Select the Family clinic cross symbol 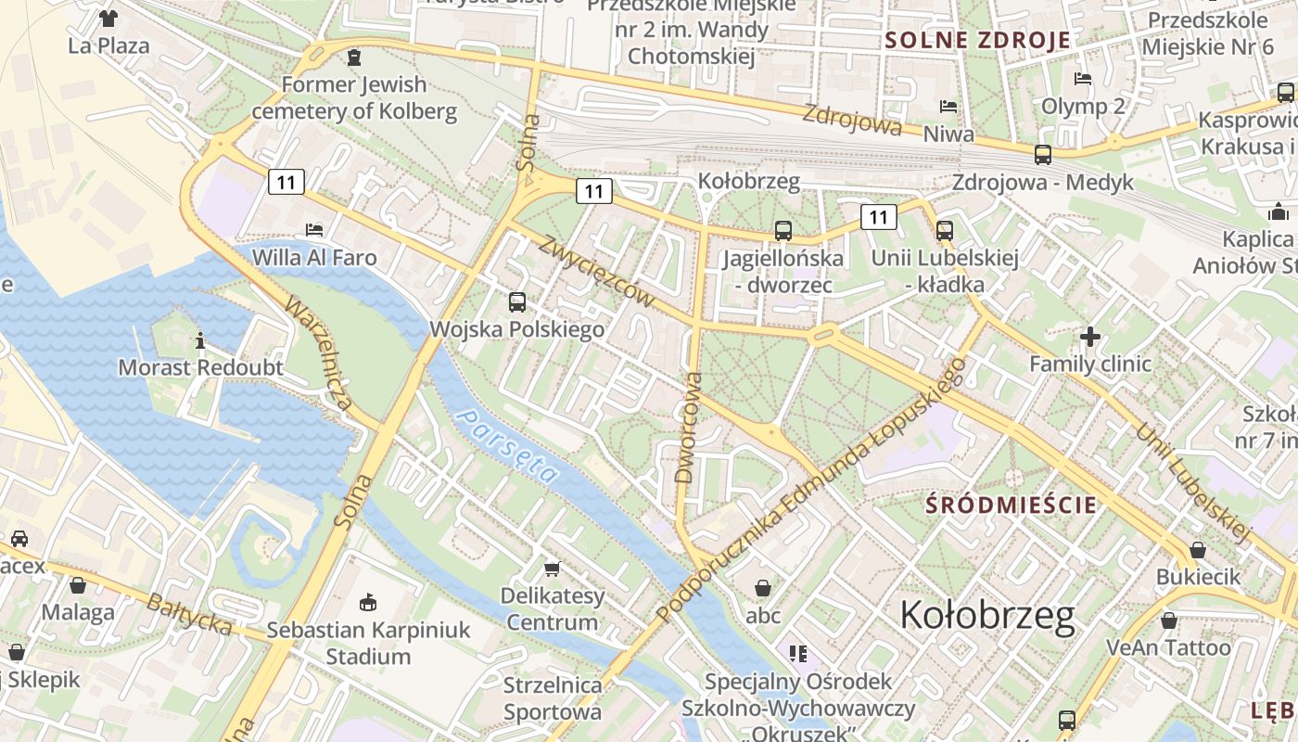tap(1090, 336)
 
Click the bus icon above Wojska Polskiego tap(516, 301)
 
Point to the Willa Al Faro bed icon tap(314, 229)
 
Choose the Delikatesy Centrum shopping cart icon tap(553, 568)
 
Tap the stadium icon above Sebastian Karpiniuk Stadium tap(368, 602)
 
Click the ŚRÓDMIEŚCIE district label tap(1012, 505)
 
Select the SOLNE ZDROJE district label tap(977, 40)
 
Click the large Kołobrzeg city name tap(987, 615)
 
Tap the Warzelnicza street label tap(318, 353)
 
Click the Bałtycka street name tap(189, 614)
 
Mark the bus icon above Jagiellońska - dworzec tap(783, 230)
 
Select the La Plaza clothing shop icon tap(108, 18)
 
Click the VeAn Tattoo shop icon tap(1169, 620)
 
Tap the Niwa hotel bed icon tap(948, 107)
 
